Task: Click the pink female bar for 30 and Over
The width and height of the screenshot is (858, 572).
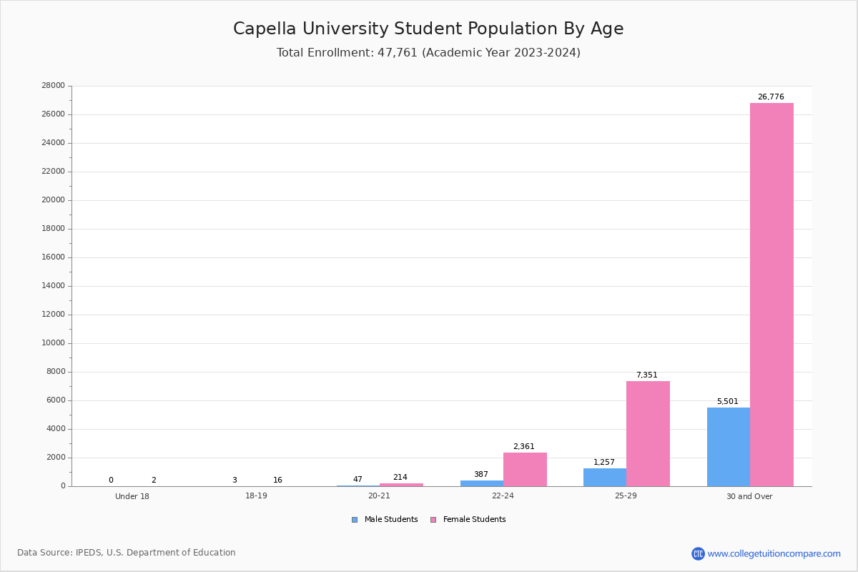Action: tap(771, 295)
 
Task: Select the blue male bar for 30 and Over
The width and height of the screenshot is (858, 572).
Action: tap(729, 447)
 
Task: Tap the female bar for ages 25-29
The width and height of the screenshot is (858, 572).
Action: tap(648, 434)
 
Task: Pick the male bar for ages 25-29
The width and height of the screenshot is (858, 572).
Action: tap(605, 478)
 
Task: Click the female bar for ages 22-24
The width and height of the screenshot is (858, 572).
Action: tap(525, 470)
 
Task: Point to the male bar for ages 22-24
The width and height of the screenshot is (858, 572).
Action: tap(482, 483)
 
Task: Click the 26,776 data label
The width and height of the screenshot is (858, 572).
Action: tap(771, 97)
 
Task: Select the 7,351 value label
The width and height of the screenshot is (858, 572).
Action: tap(647, 375)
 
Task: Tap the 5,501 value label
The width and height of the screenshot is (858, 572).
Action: tap(727, 401)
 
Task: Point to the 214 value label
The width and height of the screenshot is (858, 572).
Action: tap(400, 477)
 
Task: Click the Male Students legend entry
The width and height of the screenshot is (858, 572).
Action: tap(385, 519)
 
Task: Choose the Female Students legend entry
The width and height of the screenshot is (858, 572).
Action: tap(468, 519)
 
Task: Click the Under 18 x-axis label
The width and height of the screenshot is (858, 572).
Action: tap(132, 496)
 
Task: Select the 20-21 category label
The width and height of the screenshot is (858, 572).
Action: tap(379, 495)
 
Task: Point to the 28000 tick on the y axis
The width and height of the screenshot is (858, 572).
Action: tap(53, 85)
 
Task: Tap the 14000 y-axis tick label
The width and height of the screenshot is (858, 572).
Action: tap(53, 286)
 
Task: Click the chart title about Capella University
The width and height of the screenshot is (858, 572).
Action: tap(428, 29)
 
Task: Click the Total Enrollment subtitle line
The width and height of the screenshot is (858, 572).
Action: tap(428, 52)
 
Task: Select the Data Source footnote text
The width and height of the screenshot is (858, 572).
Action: tap(127, 553)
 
